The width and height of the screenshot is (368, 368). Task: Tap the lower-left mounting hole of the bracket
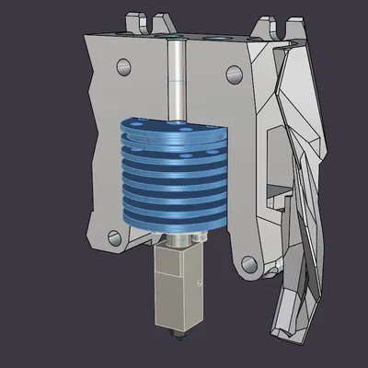tap(115, 236)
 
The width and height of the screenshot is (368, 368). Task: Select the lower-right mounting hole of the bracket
tap(247, 264)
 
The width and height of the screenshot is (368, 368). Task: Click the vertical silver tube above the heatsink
tap(174, 83)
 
